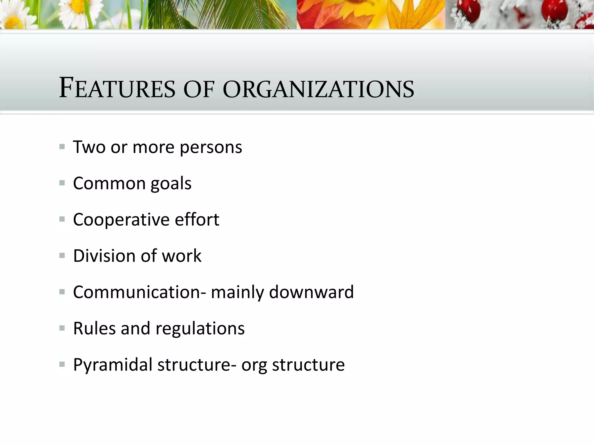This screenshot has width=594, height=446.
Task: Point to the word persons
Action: (211, 148)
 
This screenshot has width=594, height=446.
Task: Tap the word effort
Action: (197, 220)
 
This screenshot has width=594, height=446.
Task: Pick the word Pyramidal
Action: (113, 365)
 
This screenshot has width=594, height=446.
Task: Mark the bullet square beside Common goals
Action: (62, 183)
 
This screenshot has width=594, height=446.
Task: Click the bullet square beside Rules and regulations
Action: (62, 328)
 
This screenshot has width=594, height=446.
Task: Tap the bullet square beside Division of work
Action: (62, 256)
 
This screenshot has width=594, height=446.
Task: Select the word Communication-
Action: (140, 292)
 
